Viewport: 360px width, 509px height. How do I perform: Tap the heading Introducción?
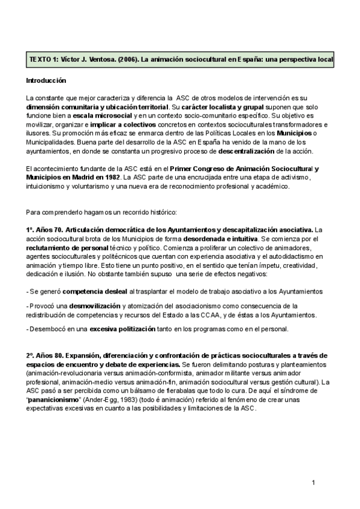click(x=46, y=80)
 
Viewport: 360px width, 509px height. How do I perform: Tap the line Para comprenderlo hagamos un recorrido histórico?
click(x=101, y=212)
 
